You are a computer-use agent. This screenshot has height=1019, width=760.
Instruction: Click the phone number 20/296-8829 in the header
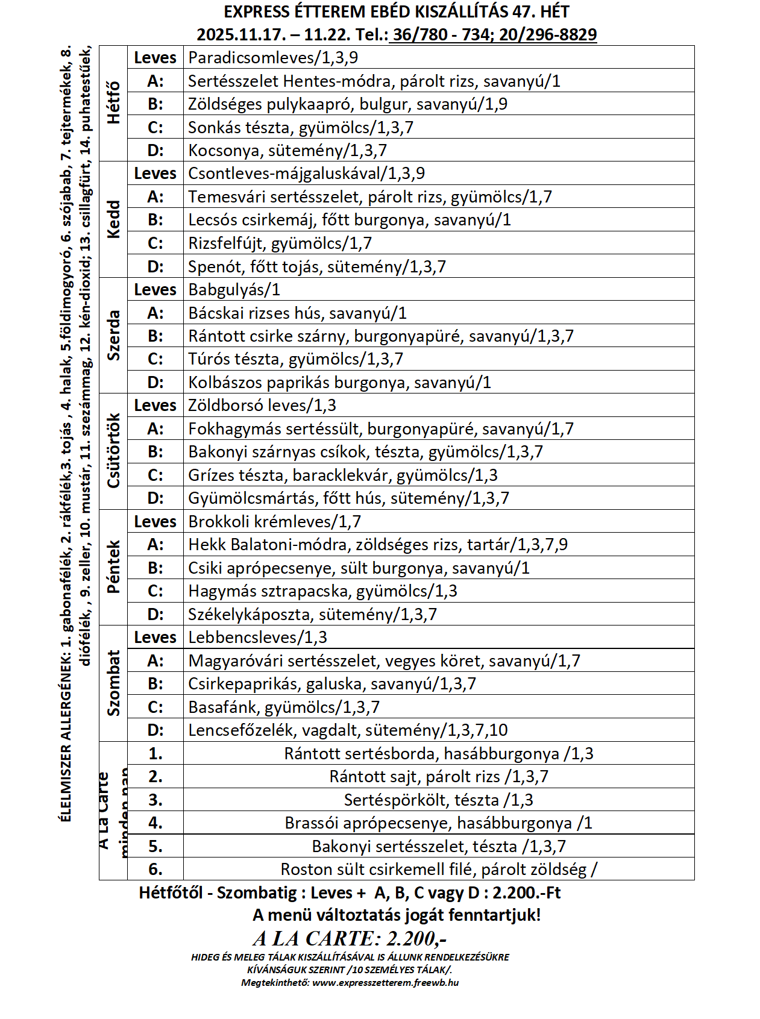(x=547, y=34)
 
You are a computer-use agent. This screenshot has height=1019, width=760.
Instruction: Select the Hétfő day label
(x=113, y=103)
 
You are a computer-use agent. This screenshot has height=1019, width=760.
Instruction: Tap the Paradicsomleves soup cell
(x=273, y=58)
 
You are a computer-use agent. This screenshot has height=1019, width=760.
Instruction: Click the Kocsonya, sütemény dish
(x=287, y=150)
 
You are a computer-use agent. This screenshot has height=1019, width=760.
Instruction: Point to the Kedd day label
(x=113, y=219)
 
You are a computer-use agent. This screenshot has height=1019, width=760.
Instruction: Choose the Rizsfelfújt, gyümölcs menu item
(x=280, y=243)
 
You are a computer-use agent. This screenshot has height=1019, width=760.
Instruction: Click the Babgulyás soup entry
(x=234, y=290)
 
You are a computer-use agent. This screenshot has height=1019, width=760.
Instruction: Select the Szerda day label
(x=113, y=336)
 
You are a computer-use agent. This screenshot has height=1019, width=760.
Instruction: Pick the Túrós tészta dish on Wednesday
(x=295, y=359)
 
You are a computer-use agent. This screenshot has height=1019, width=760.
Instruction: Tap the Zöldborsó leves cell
(x=262, y=406)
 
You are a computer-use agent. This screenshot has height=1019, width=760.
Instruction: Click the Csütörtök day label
(x=113, y=451)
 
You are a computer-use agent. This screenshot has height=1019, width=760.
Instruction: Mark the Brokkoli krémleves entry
(x=274, y=522)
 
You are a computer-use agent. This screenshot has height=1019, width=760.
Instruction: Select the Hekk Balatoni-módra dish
(x=378, y=545)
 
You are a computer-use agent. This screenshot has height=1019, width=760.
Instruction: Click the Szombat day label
(x=113, y=683)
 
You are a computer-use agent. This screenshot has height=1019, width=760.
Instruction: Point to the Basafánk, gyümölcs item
(x=284, y=707)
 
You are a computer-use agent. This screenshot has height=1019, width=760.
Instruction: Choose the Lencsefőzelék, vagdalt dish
(x=348, y=730)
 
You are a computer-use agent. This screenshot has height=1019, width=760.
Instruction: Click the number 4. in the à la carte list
(x=155, y=823)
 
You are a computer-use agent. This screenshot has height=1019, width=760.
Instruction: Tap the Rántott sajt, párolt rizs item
(x=439, y=777)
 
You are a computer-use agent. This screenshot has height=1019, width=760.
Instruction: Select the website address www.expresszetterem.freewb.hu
(x=386, y=983)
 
